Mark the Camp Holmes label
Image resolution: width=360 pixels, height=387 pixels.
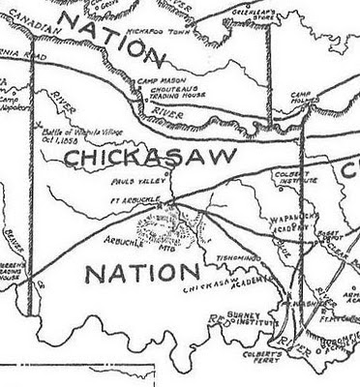pos(307,97)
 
